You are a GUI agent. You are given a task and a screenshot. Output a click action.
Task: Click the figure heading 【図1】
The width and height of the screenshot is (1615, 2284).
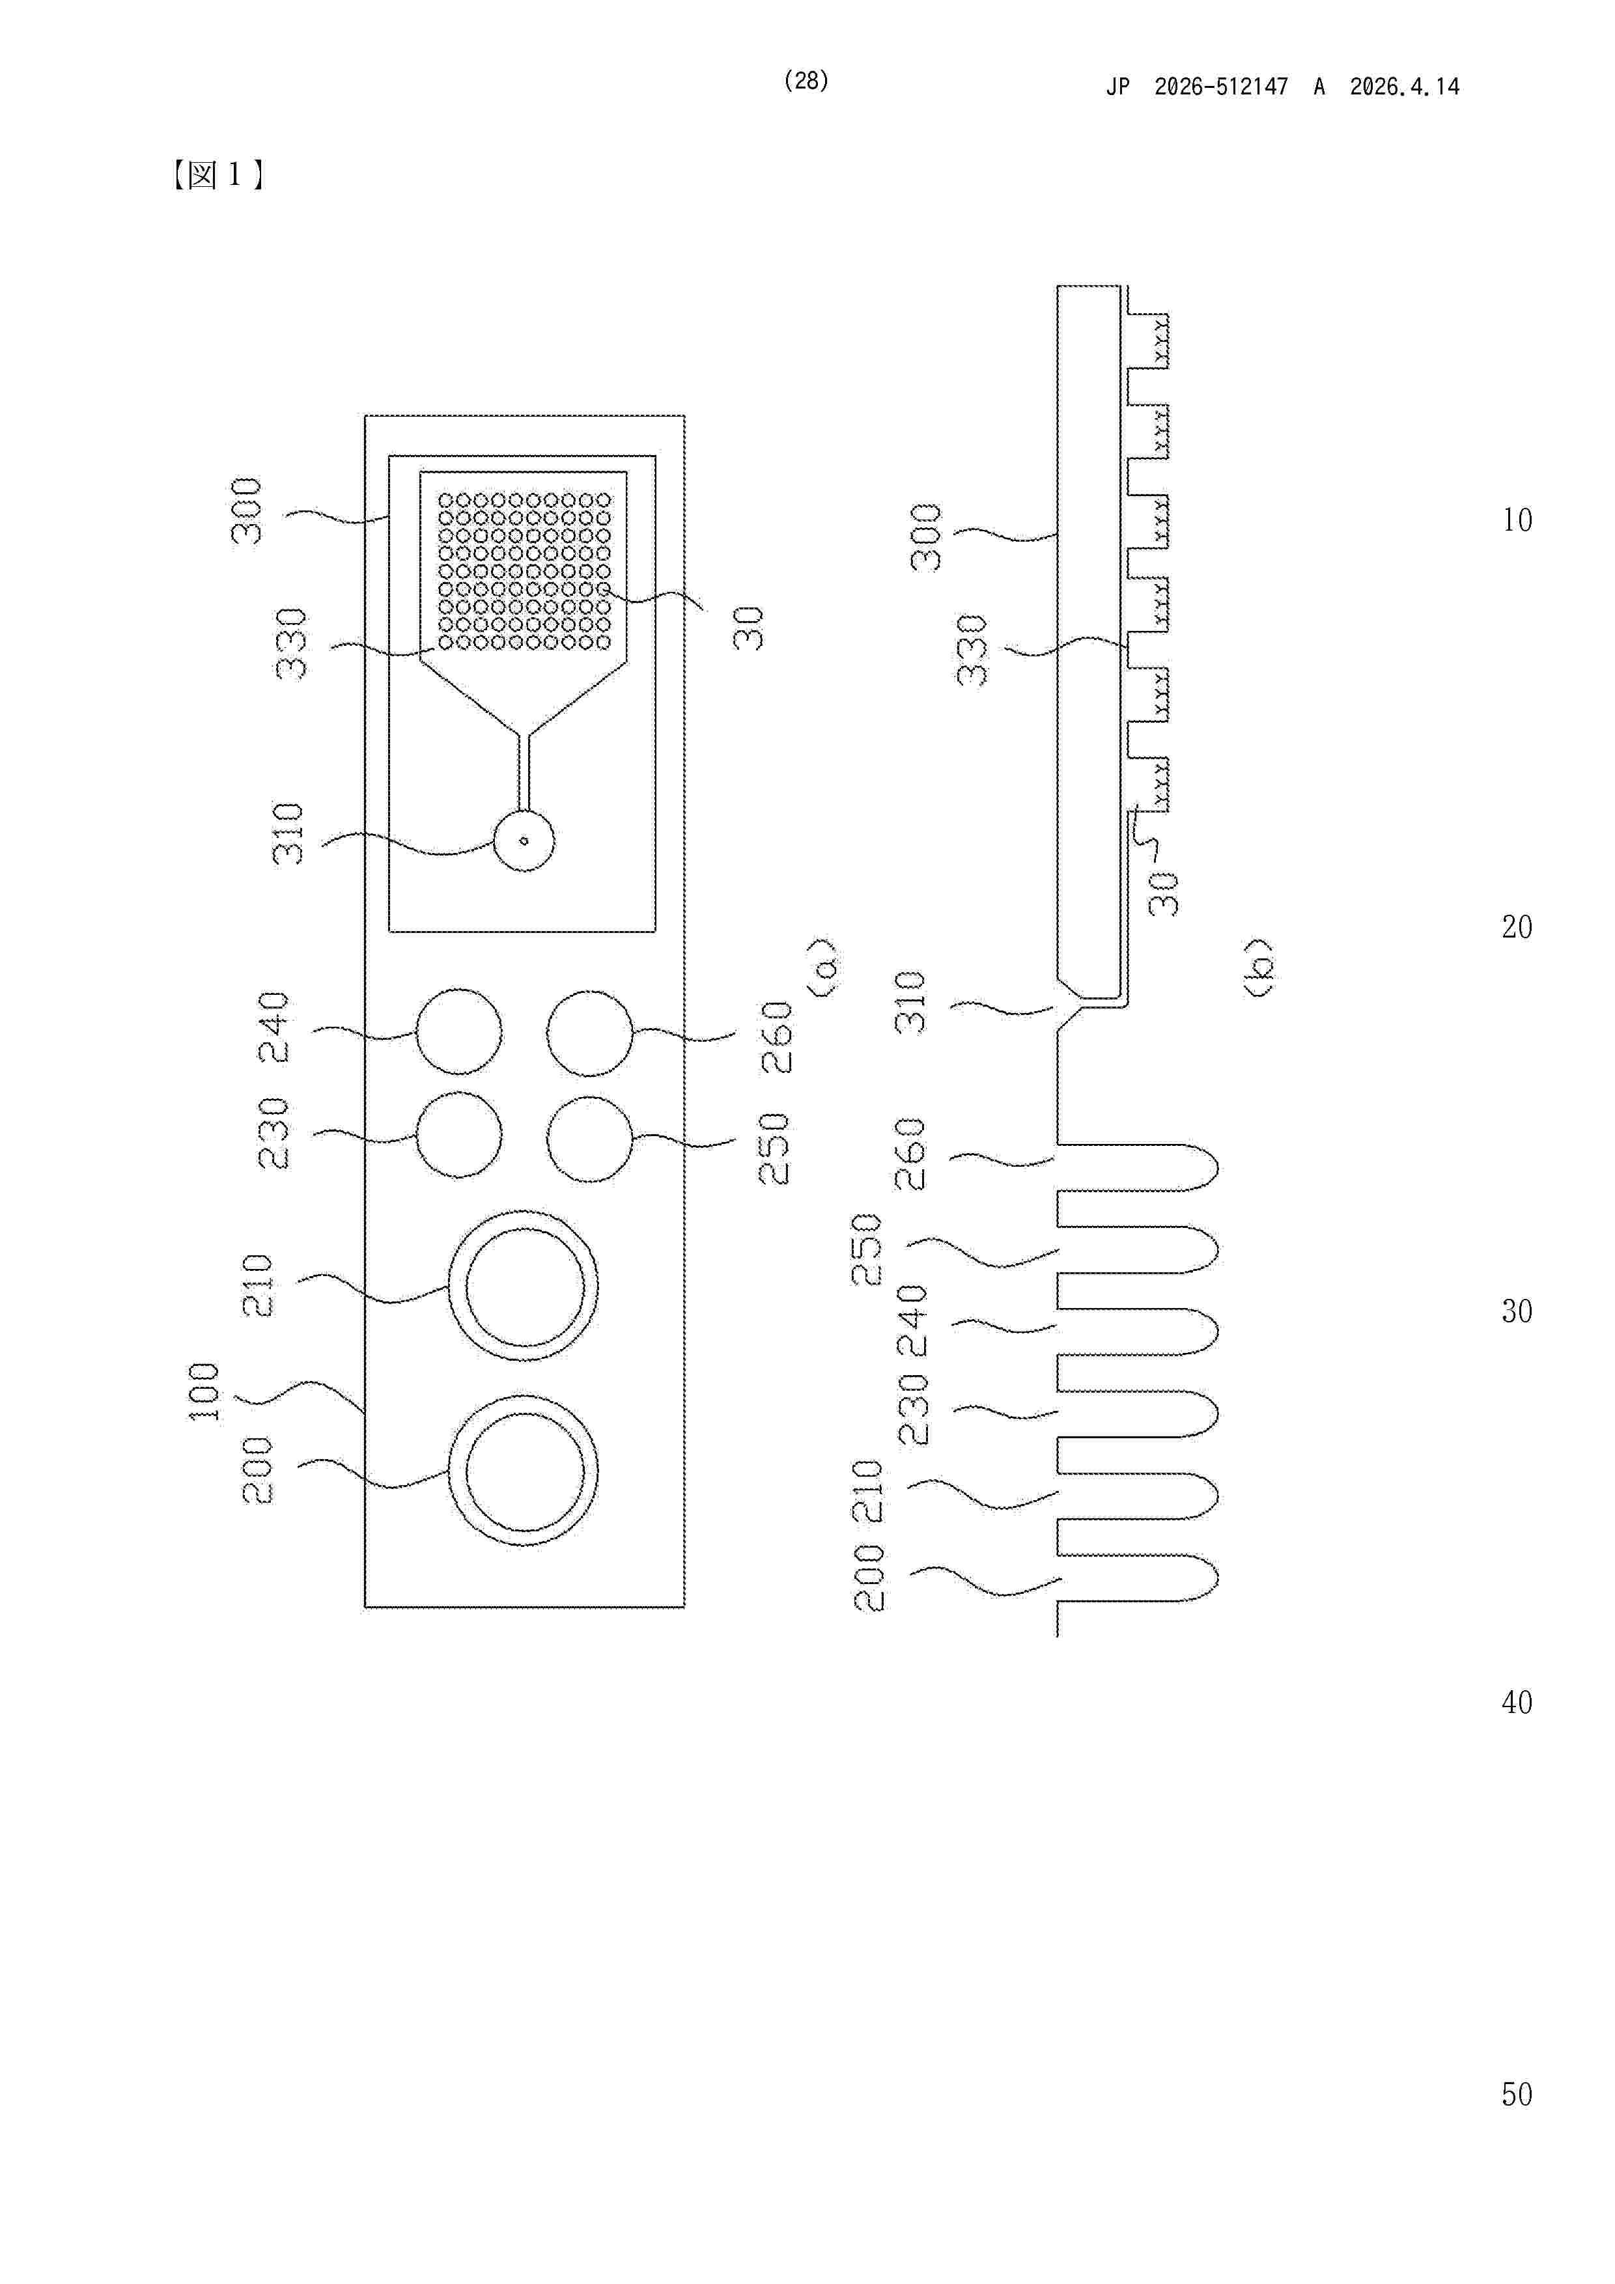tap(217, 176)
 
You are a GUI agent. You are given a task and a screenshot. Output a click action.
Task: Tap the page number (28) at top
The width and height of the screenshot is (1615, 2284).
tap(806, 81)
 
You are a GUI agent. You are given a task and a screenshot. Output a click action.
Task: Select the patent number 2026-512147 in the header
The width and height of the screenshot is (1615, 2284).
tap(1221, 87)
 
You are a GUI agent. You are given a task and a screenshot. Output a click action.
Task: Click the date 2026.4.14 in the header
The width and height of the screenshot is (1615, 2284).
tap(1404, 87)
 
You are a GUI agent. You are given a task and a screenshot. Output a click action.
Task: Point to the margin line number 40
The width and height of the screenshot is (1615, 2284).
tap(1517, 1702)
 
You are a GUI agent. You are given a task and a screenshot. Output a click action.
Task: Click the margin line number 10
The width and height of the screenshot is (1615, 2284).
tap(1517, 520)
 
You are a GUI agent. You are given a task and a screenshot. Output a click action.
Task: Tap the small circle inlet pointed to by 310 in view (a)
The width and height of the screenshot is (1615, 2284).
tap(524, 841)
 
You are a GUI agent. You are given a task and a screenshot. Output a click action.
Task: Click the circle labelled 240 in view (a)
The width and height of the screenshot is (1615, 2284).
tap(458, 1031)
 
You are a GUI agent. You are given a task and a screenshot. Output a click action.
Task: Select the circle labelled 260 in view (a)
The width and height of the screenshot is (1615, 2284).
tap(590, 1033)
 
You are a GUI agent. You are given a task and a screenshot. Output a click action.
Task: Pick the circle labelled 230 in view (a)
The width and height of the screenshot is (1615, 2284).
tap(458, 1134)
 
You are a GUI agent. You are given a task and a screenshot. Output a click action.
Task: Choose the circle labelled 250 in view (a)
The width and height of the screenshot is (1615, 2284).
tap(590, 1139)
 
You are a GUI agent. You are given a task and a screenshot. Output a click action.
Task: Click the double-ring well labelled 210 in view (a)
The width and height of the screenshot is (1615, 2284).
tap(524, 1285)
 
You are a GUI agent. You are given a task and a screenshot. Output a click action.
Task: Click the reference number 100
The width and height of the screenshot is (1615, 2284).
tap(203, 1391)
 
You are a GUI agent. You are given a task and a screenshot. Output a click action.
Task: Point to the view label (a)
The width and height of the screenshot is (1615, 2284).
tap(825, 965)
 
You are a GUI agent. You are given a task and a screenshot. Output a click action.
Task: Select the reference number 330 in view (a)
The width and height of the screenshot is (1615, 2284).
tap(292, 644)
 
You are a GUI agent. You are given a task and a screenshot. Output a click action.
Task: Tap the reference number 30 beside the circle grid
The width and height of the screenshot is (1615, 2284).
tap(748, 629)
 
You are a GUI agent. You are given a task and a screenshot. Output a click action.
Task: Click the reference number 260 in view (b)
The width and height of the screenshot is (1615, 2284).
tap(910, 1154)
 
